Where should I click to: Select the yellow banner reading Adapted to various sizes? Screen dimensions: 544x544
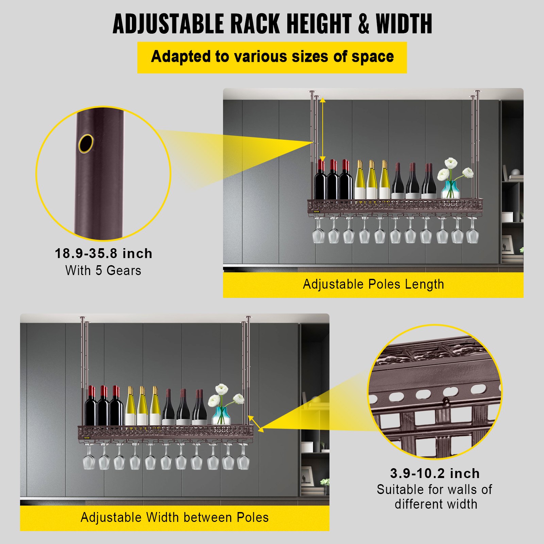tap(272, 57)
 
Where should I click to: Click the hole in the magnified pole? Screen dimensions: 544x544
tap(86, 143)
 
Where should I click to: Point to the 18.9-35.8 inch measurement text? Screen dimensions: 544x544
tap(104, 254)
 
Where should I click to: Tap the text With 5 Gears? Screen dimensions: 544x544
tap(103, 271)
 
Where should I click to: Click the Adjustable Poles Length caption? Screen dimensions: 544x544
tap(373, 284)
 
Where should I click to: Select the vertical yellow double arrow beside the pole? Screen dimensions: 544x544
tap(323, 129)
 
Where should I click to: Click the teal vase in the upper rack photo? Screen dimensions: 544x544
tap(451, 190)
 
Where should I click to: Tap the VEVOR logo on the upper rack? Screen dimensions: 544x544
tap(317, 211)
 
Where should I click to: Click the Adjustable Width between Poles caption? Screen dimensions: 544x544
tap(174, 517)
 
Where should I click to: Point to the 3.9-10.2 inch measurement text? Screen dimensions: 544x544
tap(435, 473)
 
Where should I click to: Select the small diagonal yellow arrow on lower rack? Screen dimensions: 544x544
tap(256, 424)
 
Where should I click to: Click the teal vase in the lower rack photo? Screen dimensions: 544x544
tap(221, 415)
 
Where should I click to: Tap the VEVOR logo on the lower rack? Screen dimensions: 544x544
tap(87, 438)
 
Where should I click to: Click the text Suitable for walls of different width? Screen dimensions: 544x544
tap(435, 497)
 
